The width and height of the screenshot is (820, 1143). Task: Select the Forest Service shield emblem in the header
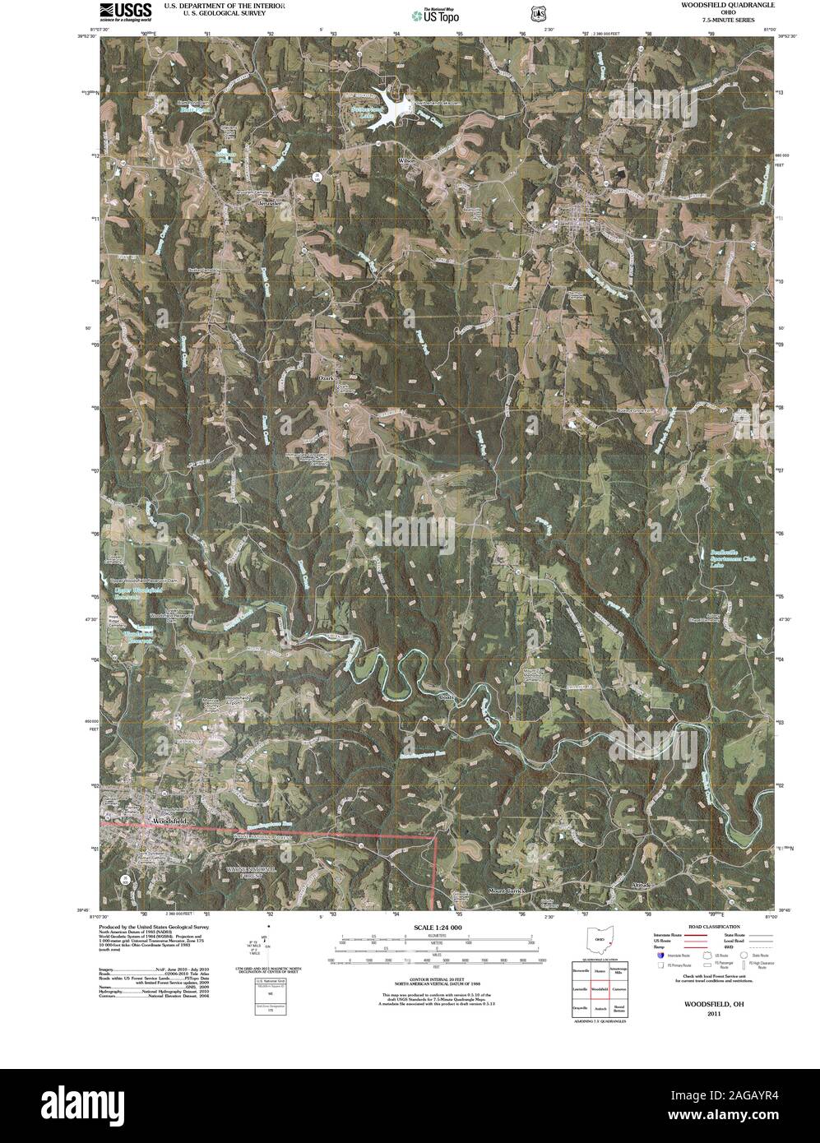pos(538,13)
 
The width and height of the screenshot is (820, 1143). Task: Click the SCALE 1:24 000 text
pos(437,927)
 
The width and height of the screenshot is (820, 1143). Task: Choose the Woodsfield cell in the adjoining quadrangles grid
pos(600,989)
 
